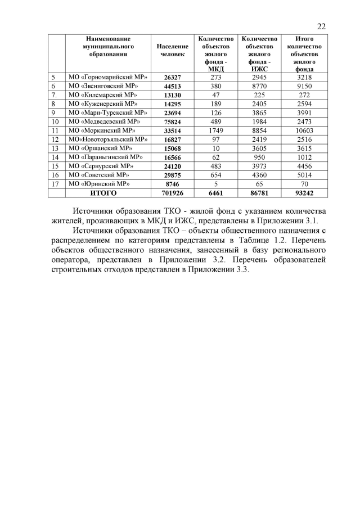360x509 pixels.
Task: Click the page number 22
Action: click(321, 26)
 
